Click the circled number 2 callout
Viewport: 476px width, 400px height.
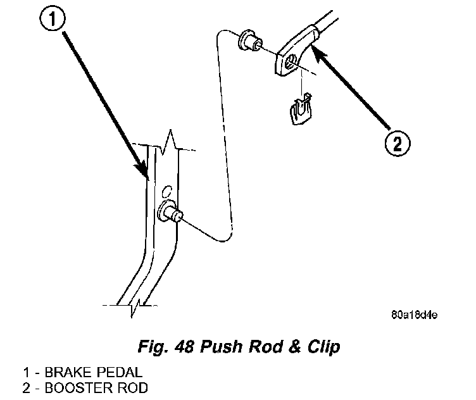point(396,144)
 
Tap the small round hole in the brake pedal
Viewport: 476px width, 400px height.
point(166,189)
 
